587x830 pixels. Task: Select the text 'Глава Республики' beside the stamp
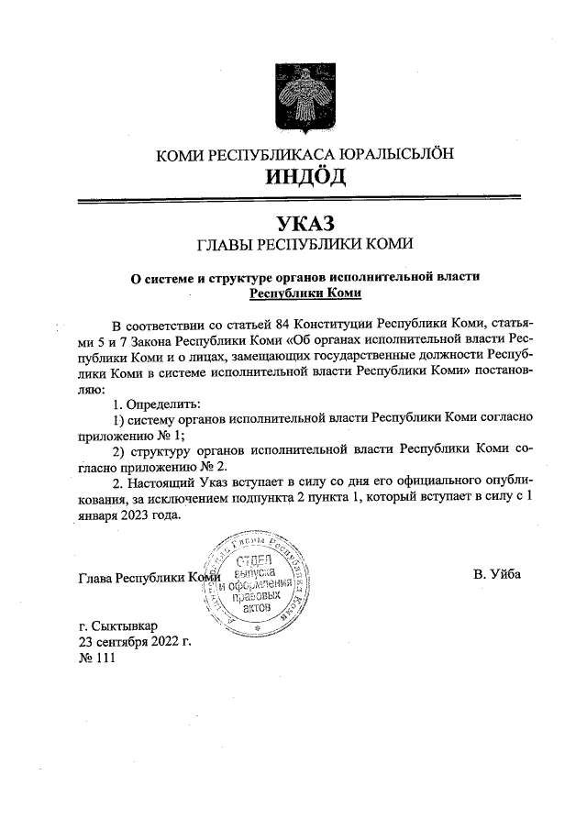click(x=134, y=578)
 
